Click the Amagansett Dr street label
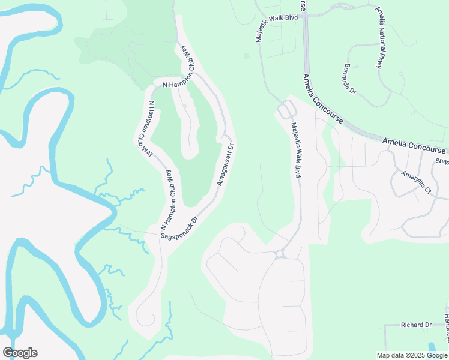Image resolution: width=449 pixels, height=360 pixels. (224, 164)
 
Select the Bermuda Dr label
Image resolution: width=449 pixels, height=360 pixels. (351, 79)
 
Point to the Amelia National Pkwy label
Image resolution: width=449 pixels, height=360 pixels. (382, 37)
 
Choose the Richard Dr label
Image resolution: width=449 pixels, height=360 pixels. (416, 325)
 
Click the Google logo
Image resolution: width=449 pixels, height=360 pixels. (20, 353)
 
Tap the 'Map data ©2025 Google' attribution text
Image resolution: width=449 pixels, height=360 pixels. (412, 355)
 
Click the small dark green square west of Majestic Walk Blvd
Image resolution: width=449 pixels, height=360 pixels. (246, 56)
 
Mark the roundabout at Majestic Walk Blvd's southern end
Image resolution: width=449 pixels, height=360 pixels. (280, 254)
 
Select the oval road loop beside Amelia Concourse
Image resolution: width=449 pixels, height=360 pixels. (286, 110)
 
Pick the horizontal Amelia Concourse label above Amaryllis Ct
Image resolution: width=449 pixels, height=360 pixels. (414, 146)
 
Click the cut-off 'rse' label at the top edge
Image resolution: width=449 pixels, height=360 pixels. (304, 5)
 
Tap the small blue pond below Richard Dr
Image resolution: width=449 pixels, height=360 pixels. (433, 347)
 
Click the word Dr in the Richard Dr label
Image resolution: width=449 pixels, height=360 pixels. (427, 325)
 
